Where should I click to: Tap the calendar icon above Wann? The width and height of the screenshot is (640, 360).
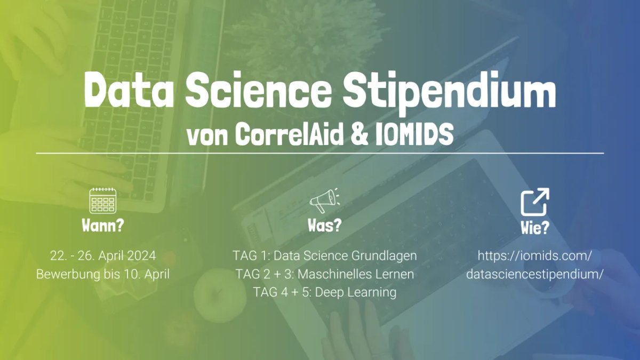tap(102, 201)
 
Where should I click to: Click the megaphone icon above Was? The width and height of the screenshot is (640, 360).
tap(324, 201)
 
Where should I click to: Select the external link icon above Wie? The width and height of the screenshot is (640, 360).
tap(534, 202)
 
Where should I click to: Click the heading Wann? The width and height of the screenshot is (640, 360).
tap(102, 225)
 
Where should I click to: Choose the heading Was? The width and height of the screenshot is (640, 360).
tap(324, 225)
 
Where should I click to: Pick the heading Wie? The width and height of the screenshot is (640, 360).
tap(534, 228)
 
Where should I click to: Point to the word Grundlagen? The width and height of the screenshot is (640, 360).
tap(384, 256)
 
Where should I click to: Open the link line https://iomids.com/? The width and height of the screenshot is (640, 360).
tap(534, 256)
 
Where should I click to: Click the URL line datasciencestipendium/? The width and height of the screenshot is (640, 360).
tap(534, 274)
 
